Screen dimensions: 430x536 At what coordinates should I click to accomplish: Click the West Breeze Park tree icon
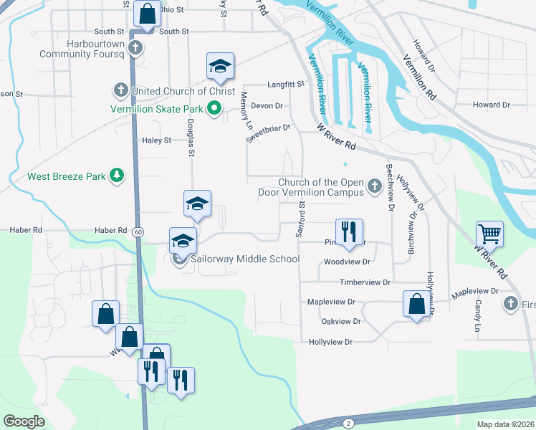tap(116, 176)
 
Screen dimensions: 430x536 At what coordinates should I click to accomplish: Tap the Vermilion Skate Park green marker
tap(214, 110)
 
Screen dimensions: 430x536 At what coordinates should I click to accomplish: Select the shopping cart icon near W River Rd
tap(489, 234)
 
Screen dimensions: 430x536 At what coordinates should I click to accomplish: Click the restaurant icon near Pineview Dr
tap(349, 231)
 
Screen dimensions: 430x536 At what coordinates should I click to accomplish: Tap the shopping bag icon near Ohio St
tap(146, 14)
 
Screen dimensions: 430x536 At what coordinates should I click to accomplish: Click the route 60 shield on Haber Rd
tap(138, 231)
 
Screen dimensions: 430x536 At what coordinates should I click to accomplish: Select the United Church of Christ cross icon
tap(120, 91)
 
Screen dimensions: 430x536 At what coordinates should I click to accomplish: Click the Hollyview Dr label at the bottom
tap(330, 343)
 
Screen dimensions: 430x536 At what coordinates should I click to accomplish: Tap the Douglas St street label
tap(191, 134)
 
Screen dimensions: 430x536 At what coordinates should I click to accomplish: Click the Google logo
tap(24, 421)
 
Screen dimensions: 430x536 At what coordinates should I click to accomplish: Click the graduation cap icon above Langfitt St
tap(221, 67)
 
